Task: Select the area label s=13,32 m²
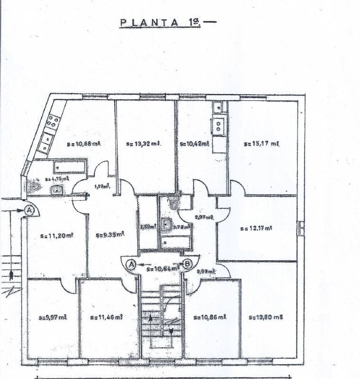[x=144, y=143]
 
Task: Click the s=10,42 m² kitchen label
[x=195, y=144]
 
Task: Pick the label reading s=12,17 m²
[x=256, y=228]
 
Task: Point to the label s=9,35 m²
[x=109, y=234]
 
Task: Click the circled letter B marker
[x=188, y=264]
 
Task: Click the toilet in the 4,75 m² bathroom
[x=34, y=187]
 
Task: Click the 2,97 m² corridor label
[x=204, y=217]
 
